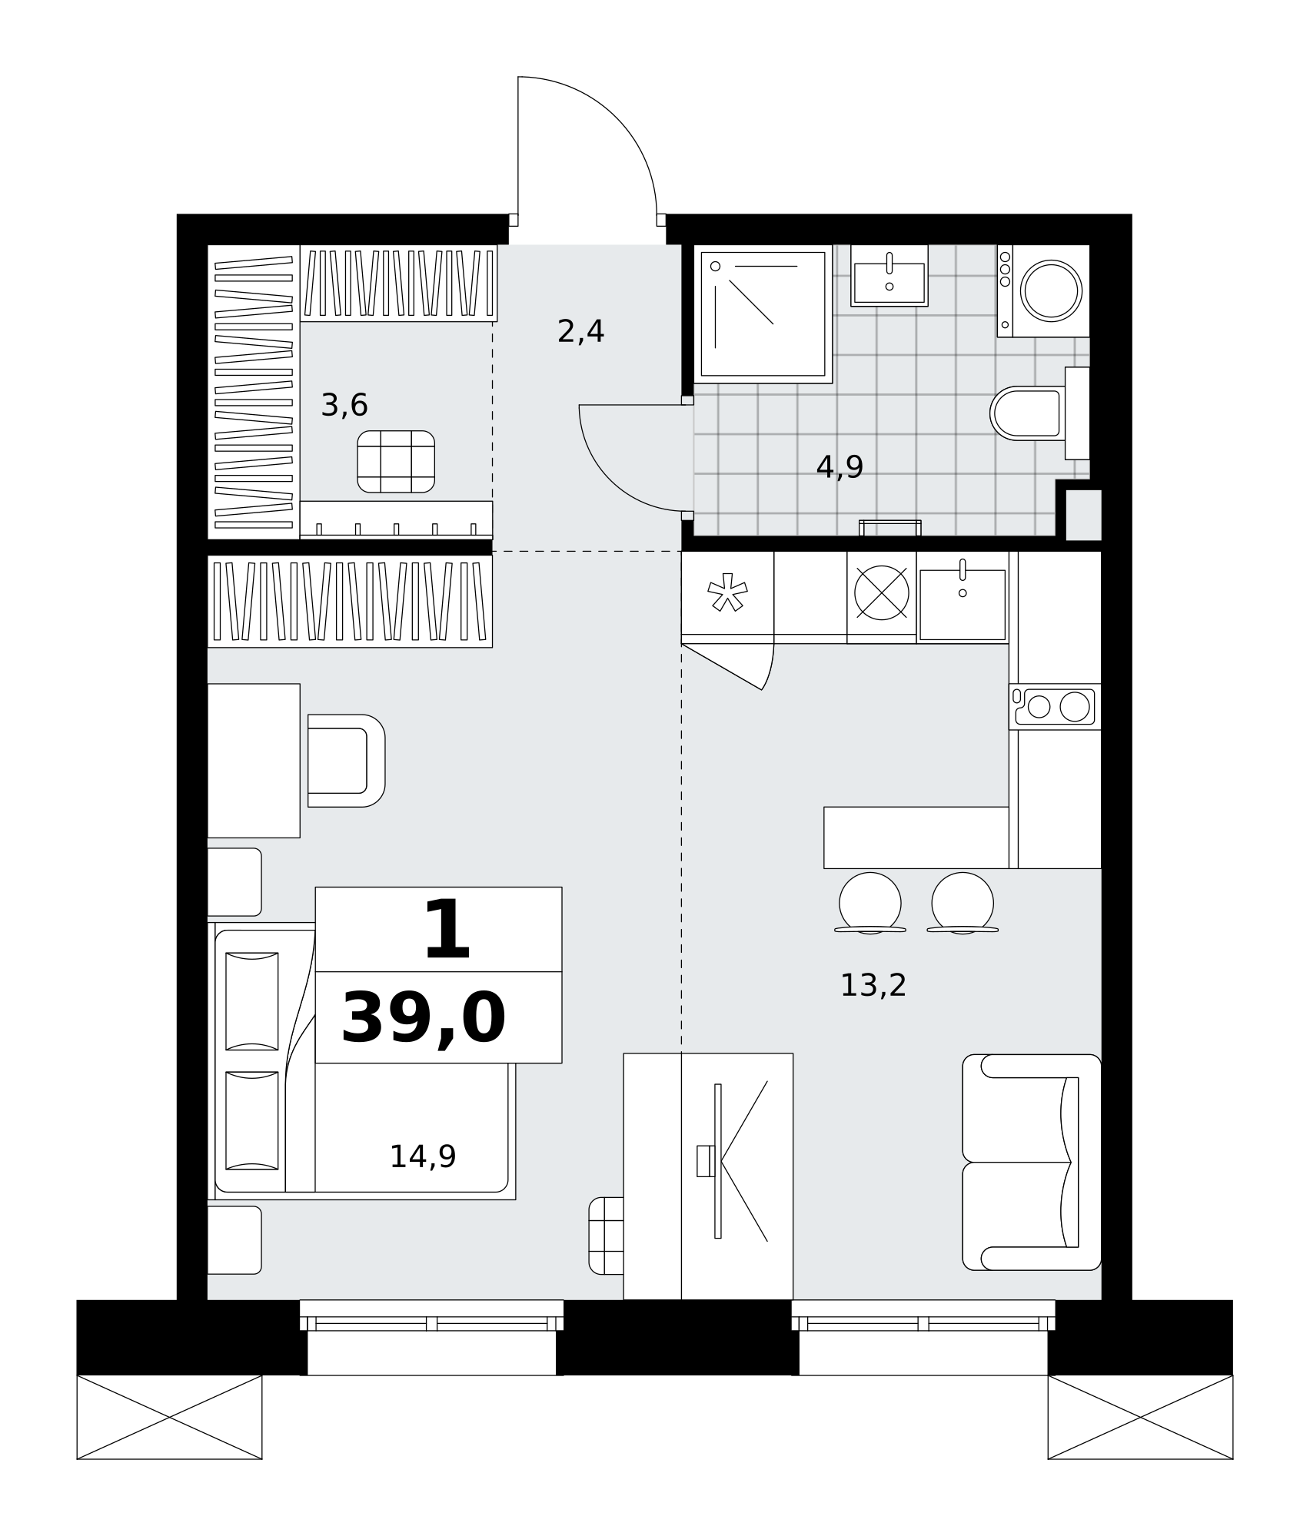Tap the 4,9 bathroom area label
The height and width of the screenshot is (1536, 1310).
click(x=840, y=466)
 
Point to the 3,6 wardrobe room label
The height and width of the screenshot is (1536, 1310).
click(x=344, y=405)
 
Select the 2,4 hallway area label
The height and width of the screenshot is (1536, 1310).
click(x=580, y=332)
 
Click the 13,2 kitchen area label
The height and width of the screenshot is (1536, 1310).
click(x=873, y=985)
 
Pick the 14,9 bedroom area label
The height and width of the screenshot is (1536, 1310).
click(x=423, y=1156)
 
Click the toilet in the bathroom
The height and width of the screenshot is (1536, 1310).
click(x=1039, y=413)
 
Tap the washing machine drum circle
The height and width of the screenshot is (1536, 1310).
click(x=1051, y=290)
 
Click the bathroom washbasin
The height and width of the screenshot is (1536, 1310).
click(x=889, y=276)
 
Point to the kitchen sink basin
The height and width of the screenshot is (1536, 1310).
click(x=963, y=604)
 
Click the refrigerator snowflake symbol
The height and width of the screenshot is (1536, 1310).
click(x=727, y=592)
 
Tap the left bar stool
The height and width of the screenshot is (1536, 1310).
click(x=870, y=903)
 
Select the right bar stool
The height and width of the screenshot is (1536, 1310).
click(x=963, y=903)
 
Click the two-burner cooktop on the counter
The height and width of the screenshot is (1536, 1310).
click(x=1055, y=706)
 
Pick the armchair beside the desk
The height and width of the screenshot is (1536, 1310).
click(x=346, y=761)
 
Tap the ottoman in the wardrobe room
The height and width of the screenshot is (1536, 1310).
click(x=396, y=461)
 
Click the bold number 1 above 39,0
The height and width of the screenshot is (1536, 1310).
click(x=447, y=930)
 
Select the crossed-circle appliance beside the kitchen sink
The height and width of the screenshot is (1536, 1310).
click(x=882, y=592)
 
